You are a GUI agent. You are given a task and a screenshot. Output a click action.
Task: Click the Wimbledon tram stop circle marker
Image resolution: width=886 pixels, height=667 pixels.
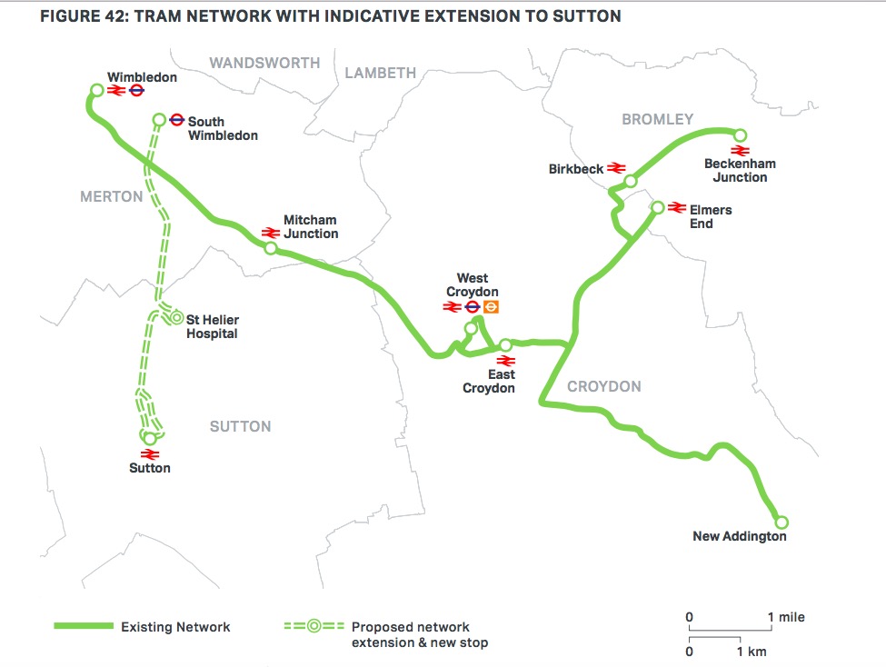coord(96,90)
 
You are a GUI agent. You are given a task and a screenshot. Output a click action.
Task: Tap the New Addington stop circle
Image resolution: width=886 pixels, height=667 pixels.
coord(781,523)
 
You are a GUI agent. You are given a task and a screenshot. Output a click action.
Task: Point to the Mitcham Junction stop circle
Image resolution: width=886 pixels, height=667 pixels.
coord(270,247)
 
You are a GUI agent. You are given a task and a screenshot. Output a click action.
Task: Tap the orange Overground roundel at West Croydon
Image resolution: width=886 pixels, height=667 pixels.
coord(492,307)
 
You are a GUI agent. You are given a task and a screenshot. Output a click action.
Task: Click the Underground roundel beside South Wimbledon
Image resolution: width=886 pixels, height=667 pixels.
coord(177,119)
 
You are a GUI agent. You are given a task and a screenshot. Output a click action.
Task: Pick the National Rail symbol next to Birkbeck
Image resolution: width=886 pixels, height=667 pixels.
coord(616,168)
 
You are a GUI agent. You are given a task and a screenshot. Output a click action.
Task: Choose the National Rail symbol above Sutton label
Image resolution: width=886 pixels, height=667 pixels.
coord(151,453)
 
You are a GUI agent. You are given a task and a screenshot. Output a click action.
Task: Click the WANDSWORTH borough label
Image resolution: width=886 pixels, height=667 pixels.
coord(264,63)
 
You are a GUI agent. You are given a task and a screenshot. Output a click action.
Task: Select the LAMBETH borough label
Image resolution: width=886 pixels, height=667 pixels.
coord(380,73)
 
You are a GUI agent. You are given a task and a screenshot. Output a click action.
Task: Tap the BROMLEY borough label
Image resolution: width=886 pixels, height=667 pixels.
coord(657,119)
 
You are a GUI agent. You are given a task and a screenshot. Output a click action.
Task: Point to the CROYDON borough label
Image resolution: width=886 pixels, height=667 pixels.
coord(604,386)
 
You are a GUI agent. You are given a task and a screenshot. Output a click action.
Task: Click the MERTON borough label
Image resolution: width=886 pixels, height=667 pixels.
coord(112,196)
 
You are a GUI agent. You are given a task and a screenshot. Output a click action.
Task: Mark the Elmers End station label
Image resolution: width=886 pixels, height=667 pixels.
coord(711,216)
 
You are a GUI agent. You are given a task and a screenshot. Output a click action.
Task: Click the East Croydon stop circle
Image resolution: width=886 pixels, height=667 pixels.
coord(505,345)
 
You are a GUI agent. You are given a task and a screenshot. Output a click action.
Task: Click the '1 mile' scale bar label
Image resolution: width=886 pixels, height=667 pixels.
coord(787,617)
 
